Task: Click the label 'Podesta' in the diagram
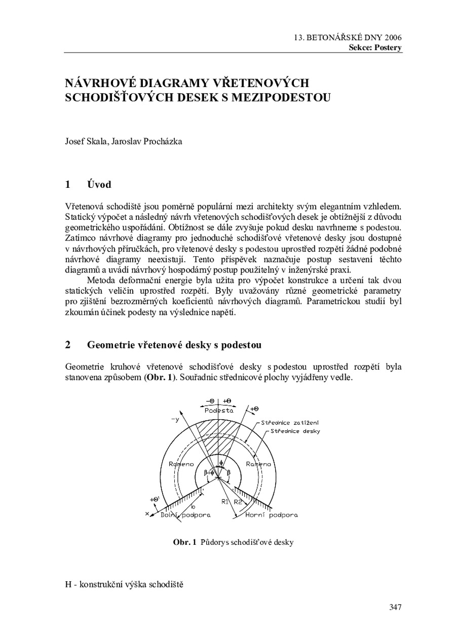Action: pyautogui.click(x=220, y=411)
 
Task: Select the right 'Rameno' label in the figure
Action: pyautogui.click(x=258, y=464)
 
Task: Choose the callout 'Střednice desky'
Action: pyautogui.click(x=295, y=431)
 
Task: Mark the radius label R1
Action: pyautogui.click(x=225, y=502)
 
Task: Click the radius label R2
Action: pyautogui.click(x=238, y=502)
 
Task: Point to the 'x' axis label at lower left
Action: pyautogui.click(x=147, y=513)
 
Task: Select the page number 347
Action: pyautogui.click(x=395, y=607)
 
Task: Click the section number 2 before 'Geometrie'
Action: pyautogui.click(x=68, y=345)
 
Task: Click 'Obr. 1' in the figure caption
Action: pyautogui.click(x=184, y=542)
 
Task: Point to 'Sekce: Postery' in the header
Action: pyautogui.click(x=375, y=48)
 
